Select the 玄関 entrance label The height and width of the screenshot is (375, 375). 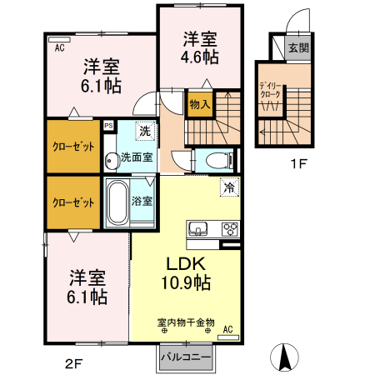click(x=297, y=47)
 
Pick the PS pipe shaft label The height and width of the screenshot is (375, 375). click(x=108, y=126)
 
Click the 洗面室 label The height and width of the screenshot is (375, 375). click(x=136, y=156)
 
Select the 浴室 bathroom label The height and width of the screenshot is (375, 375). click(x=142, y=200)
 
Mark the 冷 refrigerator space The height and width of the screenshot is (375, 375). click(x=227, y=188)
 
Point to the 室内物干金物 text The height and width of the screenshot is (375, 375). click(x=186, y=322)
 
